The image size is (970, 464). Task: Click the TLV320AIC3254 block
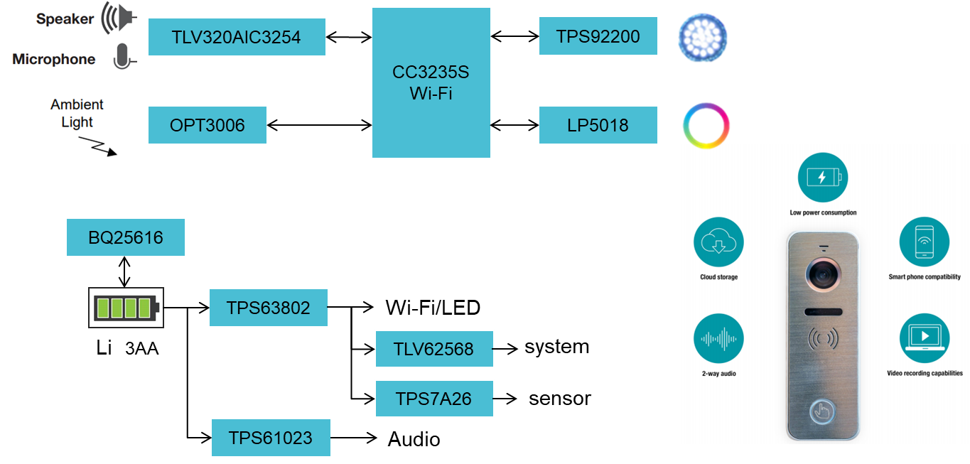point(237,37)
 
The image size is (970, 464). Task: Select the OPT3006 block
point(207,125)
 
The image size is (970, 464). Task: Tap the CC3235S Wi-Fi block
point(431,82)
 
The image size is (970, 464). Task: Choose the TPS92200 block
point(598,36)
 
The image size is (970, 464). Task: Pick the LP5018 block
point(598,125)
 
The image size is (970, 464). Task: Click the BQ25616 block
point(125,237)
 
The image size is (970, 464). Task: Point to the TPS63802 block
point(268,308)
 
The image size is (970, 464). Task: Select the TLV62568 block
point(433,349)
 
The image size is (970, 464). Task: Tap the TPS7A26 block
point(433,399)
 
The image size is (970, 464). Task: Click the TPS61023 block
point(270,438)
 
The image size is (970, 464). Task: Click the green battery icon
point(126,308)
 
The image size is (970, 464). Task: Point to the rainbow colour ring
point(706,126)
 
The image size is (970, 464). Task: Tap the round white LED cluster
point(702,36)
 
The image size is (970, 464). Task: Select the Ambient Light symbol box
point(84,127)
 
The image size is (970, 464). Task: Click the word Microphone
point(54,60)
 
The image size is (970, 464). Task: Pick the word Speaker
point(65,19)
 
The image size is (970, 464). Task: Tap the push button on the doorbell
point(822,411)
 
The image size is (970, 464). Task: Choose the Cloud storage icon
point(718,242)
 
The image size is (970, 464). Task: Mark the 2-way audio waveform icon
point(718,338)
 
